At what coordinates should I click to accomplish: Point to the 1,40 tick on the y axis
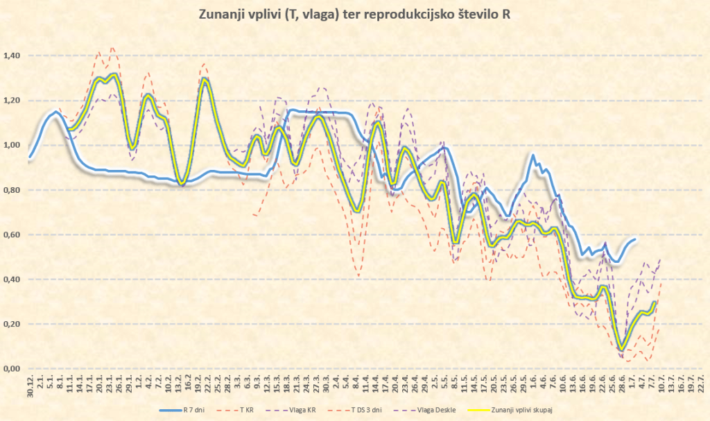point(12,55)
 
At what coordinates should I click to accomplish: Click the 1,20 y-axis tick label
point(12,101)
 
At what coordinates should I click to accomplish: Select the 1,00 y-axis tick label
point(12,145)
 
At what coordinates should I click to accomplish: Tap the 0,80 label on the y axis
point(12,190)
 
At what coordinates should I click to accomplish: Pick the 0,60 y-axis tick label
point(12,234)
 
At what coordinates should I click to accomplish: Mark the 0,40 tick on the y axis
point(12,280)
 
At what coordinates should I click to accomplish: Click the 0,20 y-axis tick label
point(12,324)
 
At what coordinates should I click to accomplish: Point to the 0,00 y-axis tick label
point(12,369)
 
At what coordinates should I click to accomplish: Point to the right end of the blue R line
point(634,239)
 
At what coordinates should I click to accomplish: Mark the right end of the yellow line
point(655,302)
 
